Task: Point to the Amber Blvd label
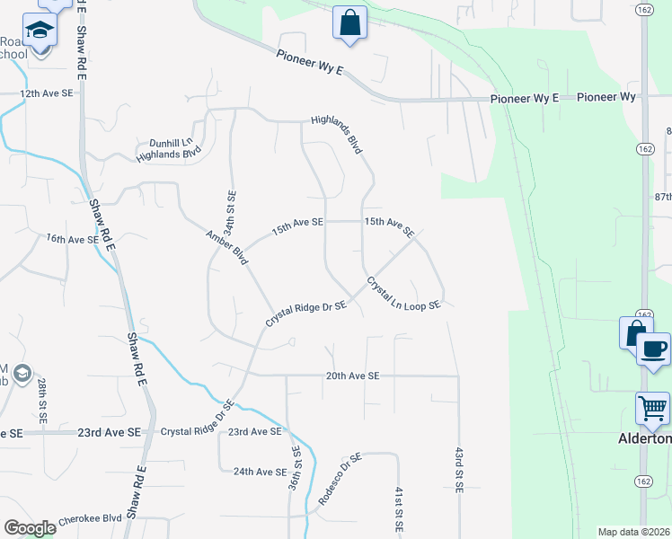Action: pos(225,247)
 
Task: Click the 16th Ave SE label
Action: pos(73,239)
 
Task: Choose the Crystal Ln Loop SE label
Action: pos(402,295)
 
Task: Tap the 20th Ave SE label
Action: pos(353,376)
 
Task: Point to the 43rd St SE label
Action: pos(458,472)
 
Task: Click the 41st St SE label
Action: pos(396,508)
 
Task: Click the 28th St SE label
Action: pos(42,401)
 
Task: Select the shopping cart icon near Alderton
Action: pos(652,408)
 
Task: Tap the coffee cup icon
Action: pos(653,349)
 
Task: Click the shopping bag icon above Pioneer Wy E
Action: pos(349,22)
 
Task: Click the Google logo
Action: pos(30,528)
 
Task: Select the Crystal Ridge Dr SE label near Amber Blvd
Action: pos(305,314)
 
